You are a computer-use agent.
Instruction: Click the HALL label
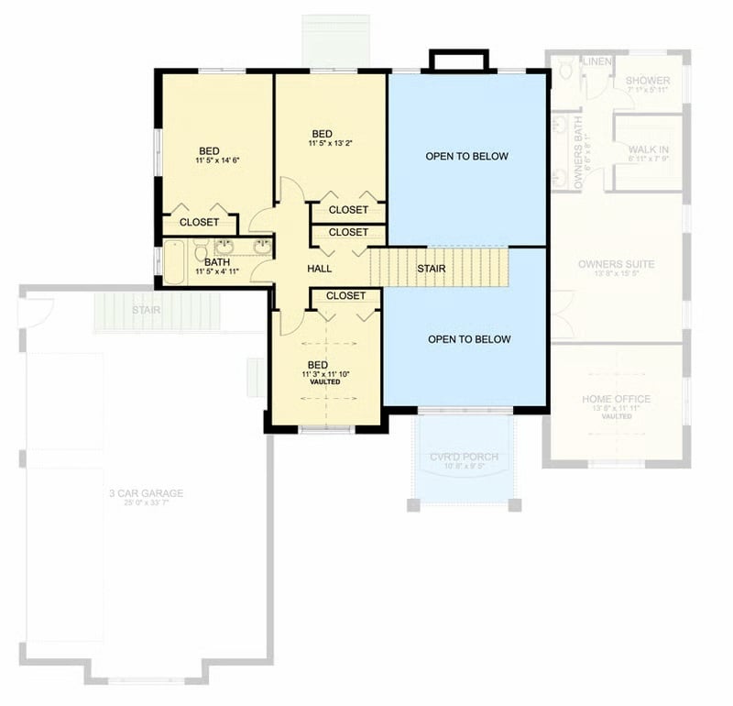click(319, 269)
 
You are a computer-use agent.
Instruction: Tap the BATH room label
click(217, 262)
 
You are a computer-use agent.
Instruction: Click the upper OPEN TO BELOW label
click(466, 157)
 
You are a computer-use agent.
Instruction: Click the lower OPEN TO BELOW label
click(469, 339)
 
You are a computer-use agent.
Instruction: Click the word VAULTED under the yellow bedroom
click(324, 382)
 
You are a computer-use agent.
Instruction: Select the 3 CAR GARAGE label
click(146, 493)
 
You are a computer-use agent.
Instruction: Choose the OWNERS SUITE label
click(616, 264)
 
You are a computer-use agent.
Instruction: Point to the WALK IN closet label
click(648, 149)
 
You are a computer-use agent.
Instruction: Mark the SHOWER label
click(648, 81)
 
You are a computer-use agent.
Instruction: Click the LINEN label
click(596, 61)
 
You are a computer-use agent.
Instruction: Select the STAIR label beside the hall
click(432, 269)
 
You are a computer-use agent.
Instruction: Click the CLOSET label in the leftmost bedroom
click(199, 222)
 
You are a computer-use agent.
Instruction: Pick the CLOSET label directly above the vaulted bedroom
click(345, 296)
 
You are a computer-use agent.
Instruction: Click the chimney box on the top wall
click(459, 61)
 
